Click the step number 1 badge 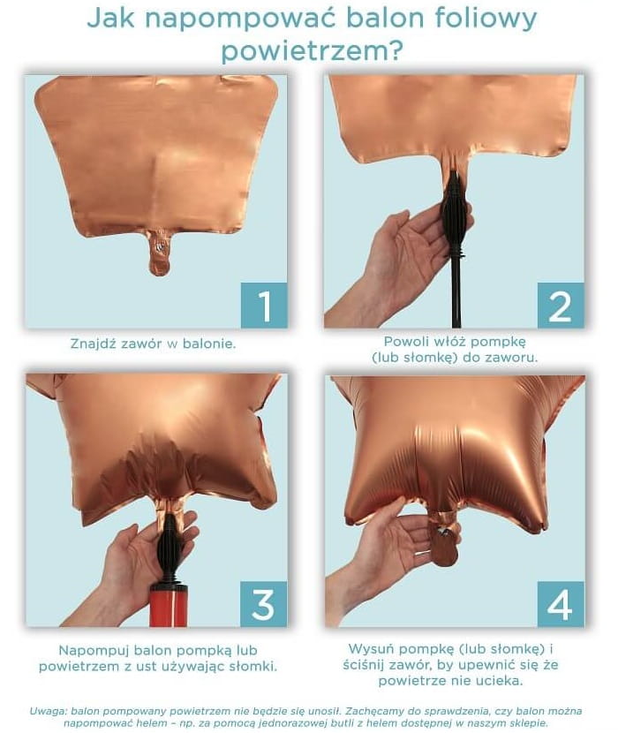coord(264,306)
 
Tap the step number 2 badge coord(561,306)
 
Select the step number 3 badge coord(264,604)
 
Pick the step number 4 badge coord(561,604)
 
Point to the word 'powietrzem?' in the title coord(312,51)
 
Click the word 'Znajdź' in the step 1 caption coord(93,344)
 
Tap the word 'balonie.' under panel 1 coord(209,344)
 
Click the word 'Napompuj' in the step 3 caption coord(94,651)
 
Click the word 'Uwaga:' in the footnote coord(49,711)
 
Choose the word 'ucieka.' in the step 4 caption coord(500,681)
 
